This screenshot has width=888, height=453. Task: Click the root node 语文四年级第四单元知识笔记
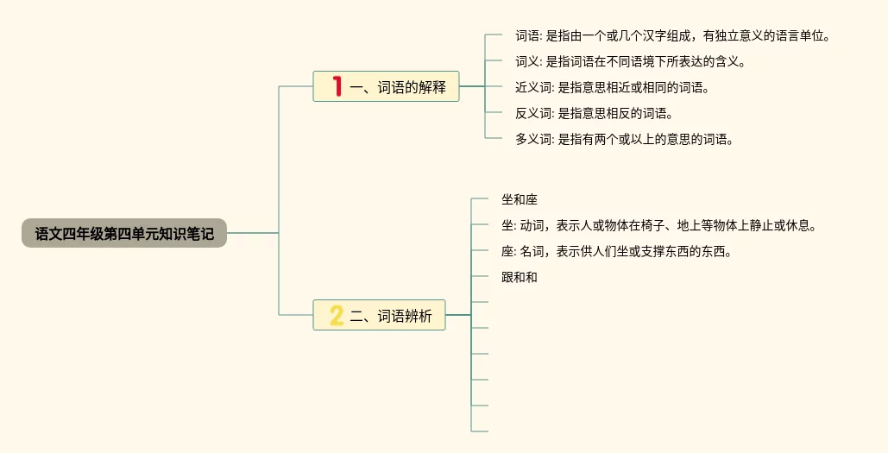pyautogui.click(x=124, y=233)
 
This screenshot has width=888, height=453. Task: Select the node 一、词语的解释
pyautogui.click(x=386, y=86)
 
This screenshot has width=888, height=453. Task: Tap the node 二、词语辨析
pyautogui.click(x=379, y=316)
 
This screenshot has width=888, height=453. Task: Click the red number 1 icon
pyautogui.click(x=337, y=86)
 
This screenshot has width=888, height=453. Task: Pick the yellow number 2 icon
pyautogui.click(x=337, y=316)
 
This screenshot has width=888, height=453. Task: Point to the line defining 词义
pyautogui.click(x=630, y=62)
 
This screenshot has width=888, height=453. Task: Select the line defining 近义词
pyautogui.click(x=612, y=88)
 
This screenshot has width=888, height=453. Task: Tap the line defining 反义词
pyautogui.click(x=594, y=114)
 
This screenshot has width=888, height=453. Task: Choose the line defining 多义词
pyautogui.click(x=624, y=140)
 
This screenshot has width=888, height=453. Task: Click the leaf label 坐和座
pyautogui.click(x=519, y=200)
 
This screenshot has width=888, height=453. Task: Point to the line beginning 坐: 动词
pyautogui.click(x=658, y=226)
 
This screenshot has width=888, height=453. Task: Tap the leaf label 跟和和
pyautogui.click(x=519, y=278)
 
